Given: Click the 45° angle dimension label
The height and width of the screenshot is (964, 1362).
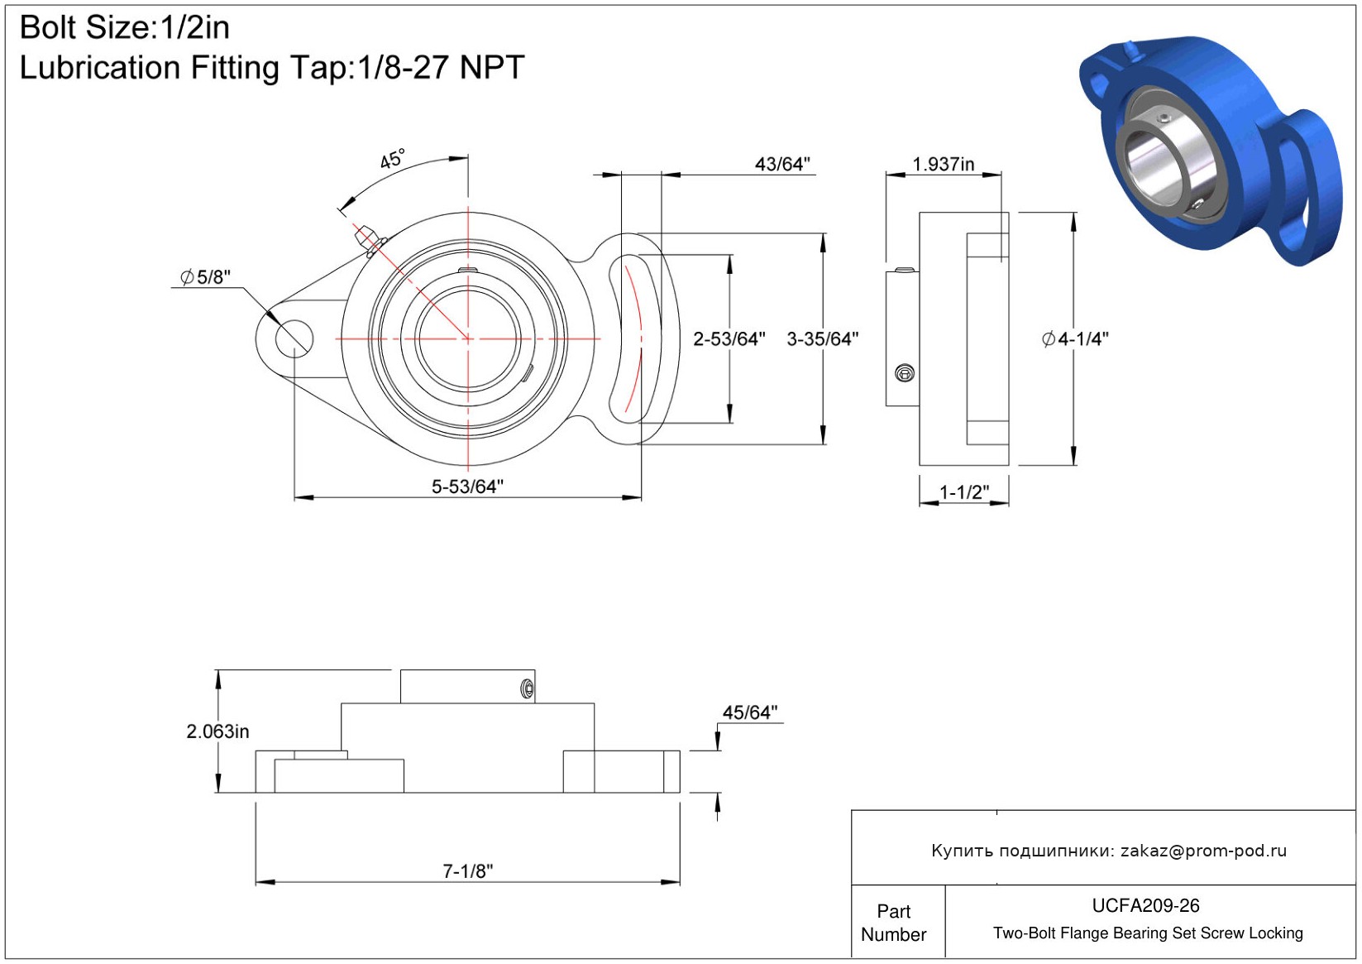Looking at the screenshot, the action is tap(392, 159).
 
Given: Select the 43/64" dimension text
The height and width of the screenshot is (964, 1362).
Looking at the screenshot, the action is tap(782, 164).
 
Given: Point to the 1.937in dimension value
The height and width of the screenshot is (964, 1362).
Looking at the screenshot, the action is tap(943, 164).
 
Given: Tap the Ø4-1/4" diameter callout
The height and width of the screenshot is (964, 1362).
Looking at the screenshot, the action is tap(1075, 339).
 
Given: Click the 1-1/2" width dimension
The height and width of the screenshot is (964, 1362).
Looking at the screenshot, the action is tap(964, 492).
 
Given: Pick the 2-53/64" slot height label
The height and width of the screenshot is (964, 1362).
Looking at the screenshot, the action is tap(729, 339).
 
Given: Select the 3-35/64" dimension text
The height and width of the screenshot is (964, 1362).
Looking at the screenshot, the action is tap(823, 339).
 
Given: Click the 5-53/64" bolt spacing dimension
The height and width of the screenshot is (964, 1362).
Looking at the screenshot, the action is tap(467, 487).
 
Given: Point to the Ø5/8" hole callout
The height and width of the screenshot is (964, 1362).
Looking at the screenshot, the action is tap(206, 277).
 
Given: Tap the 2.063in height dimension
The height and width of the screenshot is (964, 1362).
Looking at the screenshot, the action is tap(217, 731).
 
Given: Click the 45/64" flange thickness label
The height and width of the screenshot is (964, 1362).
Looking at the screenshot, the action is tap(750, 712).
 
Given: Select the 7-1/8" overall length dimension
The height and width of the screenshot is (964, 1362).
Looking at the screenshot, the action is tap(467, 870).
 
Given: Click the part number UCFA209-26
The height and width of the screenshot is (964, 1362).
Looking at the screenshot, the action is tap(1145, 905).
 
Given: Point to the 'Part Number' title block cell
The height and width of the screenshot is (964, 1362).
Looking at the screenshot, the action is tap(893, 923).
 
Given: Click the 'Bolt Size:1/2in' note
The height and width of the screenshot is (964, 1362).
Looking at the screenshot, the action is tap(125, 28).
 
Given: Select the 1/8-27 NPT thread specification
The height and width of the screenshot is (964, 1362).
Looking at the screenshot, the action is tap(441, 67).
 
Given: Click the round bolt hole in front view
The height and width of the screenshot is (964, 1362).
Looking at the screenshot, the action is tap(294, 338).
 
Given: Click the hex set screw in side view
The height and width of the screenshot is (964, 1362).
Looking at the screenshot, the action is tap(905, 373).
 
